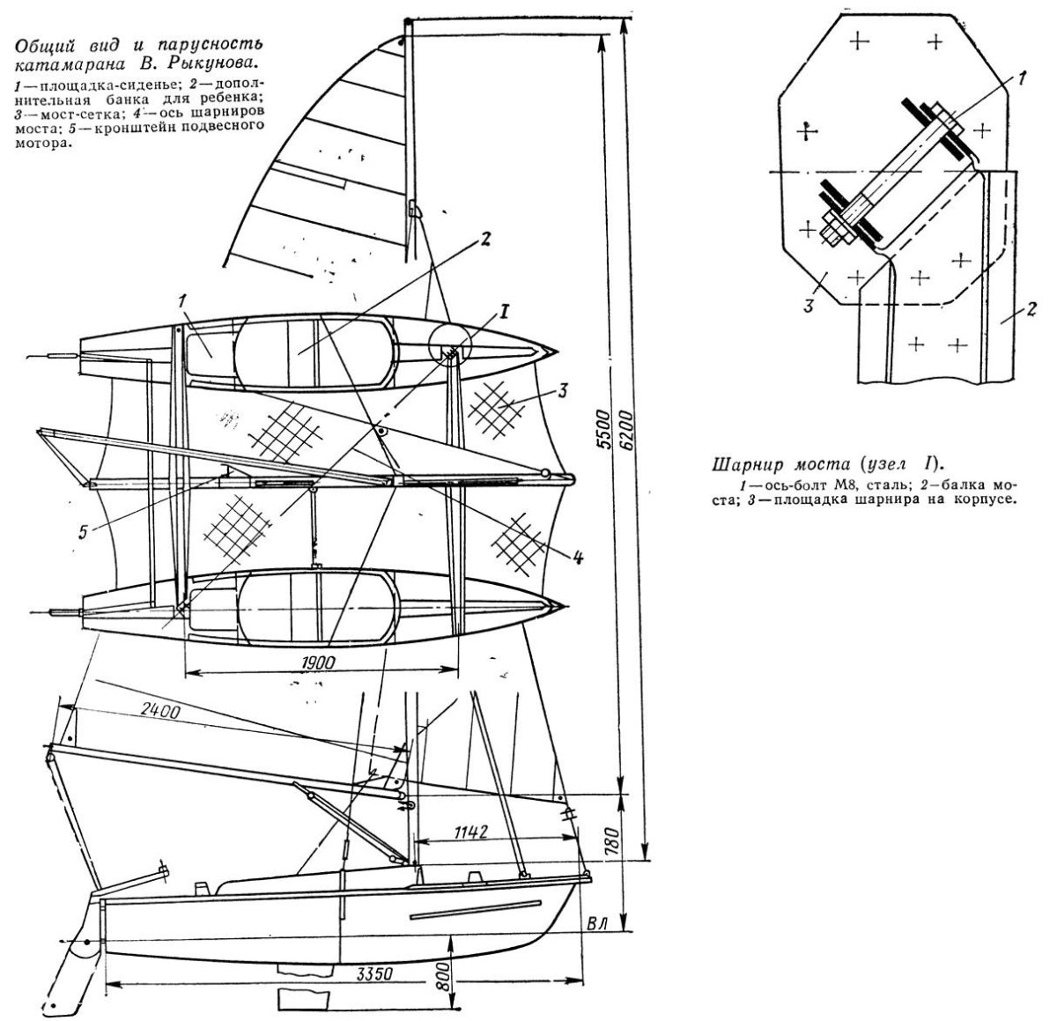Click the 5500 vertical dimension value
tap(604, 429)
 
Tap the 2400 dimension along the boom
tap(160, 710)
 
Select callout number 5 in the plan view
tap(83, 532)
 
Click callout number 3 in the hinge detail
tap(809, 305)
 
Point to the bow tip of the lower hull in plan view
tap(567, 605)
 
